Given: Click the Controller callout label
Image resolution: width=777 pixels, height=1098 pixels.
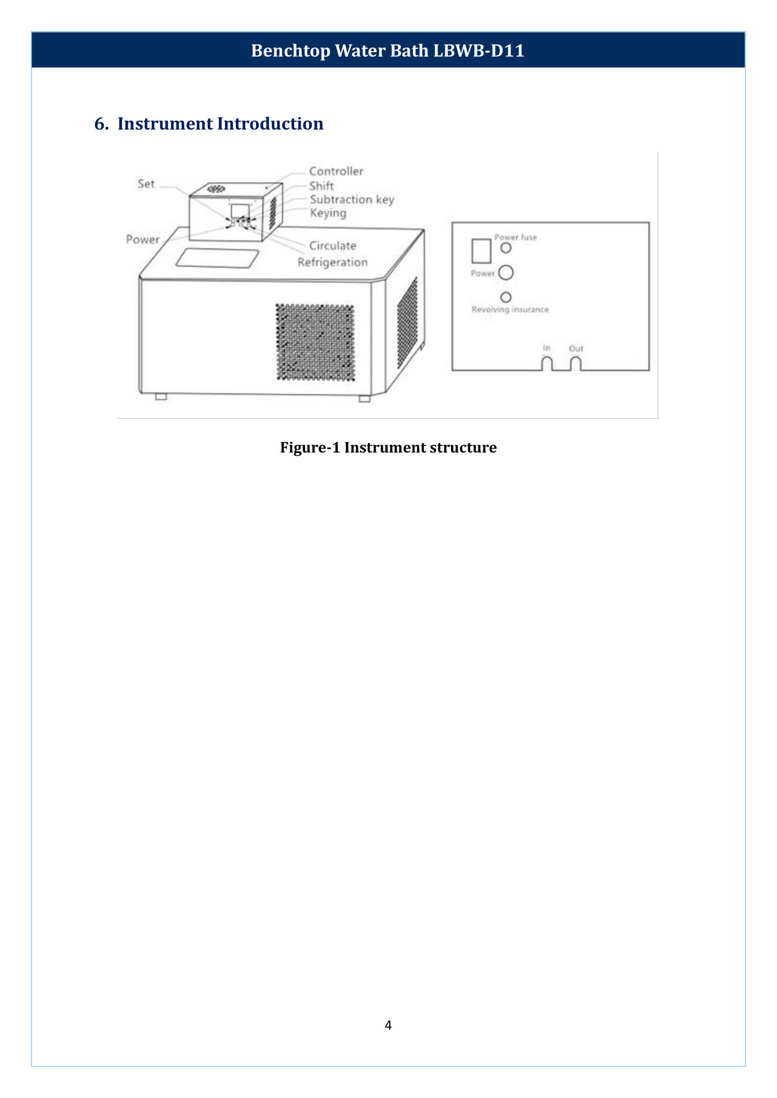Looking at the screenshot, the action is click(336, 171).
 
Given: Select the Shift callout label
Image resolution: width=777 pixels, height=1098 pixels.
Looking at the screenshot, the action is click(321, 186).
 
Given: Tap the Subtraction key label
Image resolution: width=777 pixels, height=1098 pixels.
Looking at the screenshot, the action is click(352, 200).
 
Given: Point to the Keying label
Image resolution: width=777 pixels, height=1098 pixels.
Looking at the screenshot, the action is click(328, 213).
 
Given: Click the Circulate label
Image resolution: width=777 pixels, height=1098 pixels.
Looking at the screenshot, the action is click(333, 246).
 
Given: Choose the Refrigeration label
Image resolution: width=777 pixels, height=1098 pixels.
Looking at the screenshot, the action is click(333, 262).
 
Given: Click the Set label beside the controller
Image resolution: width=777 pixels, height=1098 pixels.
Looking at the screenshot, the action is click(146, 184).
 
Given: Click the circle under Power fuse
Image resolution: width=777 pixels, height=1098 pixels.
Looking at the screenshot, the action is click(506, 248).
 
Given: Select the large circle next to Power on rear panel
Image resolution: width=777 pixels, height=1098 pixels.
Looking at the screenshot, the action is click(506, 273).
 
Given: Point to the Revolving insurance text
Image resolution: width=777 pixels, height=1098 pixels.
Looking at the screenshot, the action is click(510, 309).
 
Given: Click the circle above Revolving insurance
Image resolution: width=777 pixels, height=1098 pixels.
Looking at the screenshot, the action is click(506, 297).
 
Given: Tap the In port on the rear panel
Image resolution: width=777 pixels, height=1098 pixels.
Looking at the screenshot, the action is click(546, 363).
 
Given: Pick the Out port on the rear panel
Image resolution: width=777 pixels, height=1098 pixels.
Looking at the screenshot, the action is click(575, 363).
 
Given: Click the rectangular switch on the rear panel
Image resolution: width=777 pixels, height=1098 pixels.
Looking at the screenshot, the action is click(482, 251).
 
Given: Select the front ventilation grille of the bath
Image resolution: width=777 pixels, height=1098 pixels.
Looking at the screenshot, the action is click(315, 342).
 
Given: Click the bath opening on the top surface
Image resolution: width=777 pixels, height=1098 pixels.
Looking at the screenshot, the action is click(218, 258).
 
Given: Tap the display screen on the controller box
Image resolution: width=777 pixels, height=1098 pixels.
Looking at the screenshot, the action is click(240, 210).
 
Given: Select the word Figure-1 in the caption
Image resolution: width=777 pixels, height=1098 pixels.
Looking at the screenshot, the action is click(310, 447).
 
